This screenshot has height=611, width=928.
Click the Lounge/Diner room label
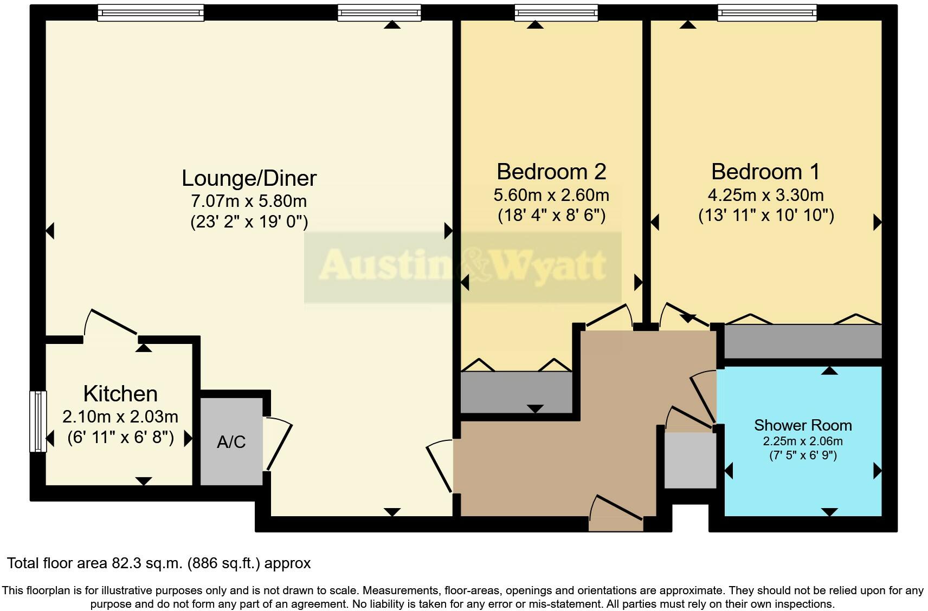point(249,178)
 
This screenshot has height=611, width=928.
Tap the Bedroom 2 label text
point(551,172)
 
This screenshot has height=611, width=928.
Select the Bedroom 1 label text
point(765,172)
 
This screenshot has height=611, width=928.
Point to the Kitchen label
point(120,394)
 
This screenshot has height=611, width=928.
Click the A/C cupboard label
point(231,443)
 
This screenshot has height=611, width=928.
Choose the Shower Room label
point(803,425)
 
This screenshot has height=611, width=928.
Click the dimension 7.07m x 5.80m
point(249,201)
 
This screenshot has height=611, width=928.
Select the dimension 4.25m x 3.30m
point(765,195)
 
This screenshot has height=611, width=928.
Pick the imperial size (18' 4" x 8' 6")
point(551,216)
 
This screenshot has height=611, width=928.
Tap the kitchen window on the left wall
point(37,421)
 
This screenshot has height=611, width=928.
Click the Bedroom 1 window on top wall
point(766,12)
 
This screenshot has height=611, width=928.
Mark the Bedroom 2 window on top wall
point(556,12)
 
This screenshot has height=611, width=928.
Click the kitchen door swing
point(111,324)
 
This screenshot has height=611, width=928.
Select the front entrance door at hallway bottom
point(616,510)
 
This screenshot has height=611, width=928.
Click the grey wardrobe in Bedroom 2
point(516,392)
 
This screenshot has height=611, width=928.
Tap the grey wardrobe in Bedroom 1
point(803,341)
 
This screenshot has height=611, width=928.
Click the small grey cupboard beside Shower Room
point(690,459)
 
